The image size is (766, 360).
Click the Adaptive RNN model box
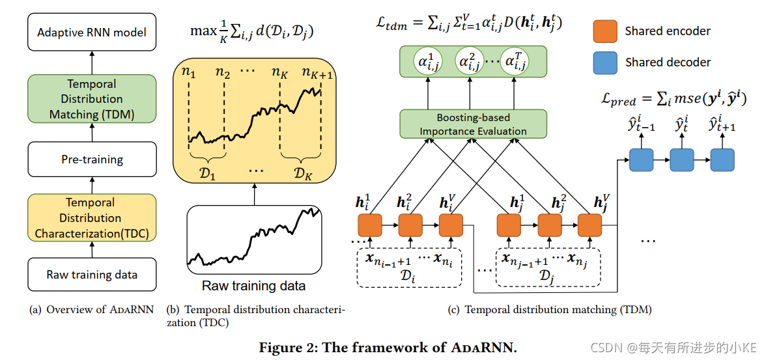point(92,33)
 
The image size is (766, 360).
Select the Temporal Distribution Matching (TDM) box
point(92,99)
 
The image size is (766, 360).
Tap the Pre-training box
point(92,159)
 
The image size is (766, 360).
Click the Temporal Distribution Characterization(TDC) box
point(92,218)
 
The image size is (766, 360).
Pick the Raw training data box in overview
point(92,275)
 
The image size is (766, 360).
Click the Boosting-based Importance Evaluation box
point(473,124)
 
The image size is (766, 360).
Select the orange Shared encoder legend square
point(604,31)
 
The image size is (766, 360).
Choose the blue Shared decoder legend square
point(604,62)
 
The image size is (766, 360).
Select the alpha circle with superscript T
point(514,62)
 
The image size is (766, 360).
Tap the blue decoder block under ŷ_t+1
point(722,159)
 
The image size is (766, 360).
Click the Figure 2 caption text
point(388,348)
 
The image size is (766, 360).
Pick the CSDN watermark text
point(681,348)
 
